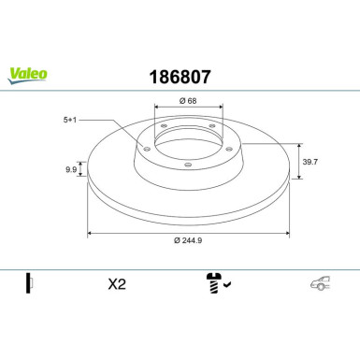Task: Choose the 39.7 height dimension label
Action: [310, 162]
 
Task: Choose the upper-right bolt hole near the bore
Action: [212, 125]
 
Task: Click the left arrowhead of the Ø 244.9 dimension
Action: [90, 231]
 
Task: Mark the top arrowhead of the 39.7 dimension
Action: [299, 145]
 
